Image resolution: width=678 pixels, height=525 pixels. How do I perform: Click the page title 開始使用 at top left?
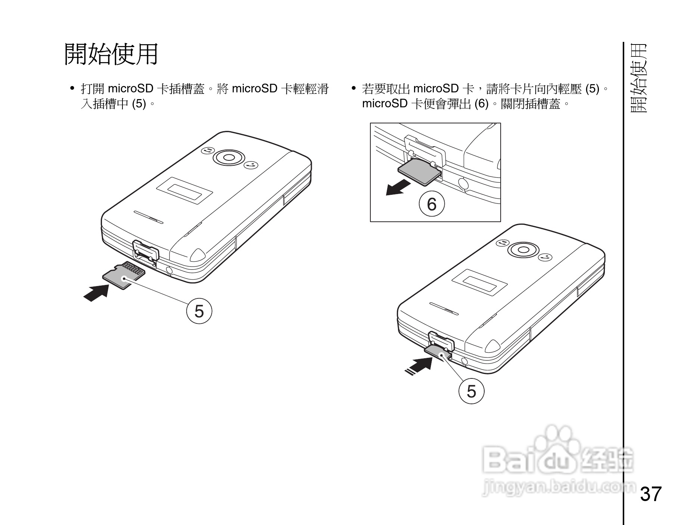pos(111,54)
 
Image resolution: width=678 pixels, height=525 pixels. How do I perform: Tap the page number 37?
pos(651,494)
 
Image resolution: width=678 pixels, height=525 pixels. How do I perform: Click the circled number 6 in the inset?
pos(432,204)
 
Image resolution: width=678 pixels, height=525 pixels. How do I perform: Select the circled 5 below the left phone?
pos(199,311)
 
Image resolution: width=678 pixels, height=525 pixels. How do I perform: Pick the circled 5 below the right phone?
pos(471,391)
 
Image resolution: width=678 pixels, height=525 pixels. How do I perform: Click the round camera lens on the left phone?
pos(229,157)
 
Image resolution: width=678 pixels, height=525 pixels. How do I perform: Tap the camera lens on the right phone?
pos(523,250)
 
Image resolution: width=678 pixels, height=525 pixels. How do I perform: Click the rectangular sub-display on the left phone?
pos(184,191)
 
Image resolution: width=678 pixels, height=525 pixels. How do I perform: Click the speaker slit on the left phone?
pos(148,217)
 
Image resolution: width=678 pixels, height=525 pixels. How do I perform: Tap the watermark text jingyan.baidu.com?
pos(559,487)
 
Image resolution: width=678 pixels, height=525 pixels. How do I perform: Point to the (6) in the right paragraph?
pos(481,104)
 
